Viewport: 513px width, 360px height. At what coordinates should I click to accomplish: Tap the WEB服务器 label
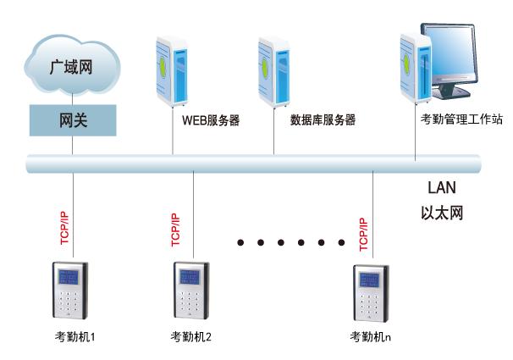(x=211, y=120)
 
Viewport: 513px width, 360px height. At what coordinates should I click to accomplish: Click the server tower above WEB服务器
(x=173, y=69)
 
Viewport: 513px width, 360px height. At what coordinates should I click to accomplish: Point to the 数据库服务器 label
(x=322, y=120)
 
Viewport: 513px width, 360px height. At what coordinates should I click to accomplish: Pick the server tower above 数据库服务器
(x=273, y=69)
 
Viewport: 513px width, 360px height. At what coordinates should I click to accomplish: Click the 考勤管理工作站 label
(x=461, y=120)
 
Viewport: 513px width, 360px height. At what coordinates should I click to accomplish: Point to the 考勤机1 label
(x=73, y=336)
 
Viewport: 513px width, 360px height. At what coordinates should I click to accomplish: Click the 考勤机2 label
(x=191, y=336)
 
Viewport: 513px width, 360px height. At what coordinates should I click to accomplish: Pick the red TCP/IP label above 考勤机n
(x=363, y=231)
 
